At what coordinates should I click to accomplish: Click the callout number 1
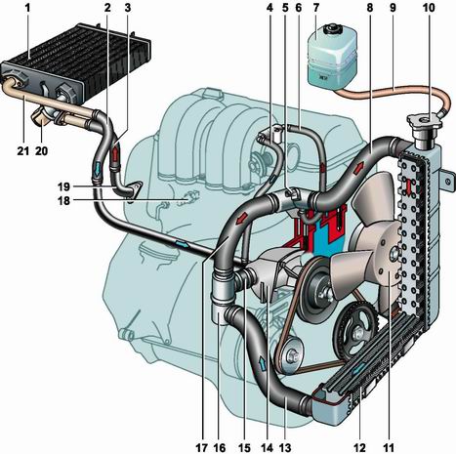coord(28,8)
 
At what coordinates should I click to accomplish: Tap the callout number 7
coord(315,8)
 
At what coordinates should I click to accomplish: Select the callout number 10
coord(429,8)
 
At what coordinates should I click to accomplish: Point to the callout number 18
coord(63,201)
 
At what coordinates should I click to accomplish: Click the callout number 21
coord(22,150)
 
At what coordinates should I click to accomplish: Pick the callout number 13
coord(285,448)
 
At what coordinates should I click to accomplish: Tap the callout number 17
coord(201,448)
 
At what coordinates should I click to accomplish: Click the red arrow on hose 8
coord(359,168)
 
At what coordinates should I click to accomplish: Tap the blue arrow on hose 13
coord(263,363)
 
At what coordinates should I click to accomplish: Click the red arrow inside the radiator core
coord(408,187)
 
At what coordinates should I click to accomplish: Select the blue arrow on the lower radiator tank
coord(358,369)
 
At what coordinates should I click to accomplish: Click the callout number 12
coord(360,448)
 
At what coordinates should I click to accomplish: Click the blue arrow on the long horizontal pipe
coord(182,244)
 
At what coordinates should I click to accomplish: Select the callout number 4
coord(269,8)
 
